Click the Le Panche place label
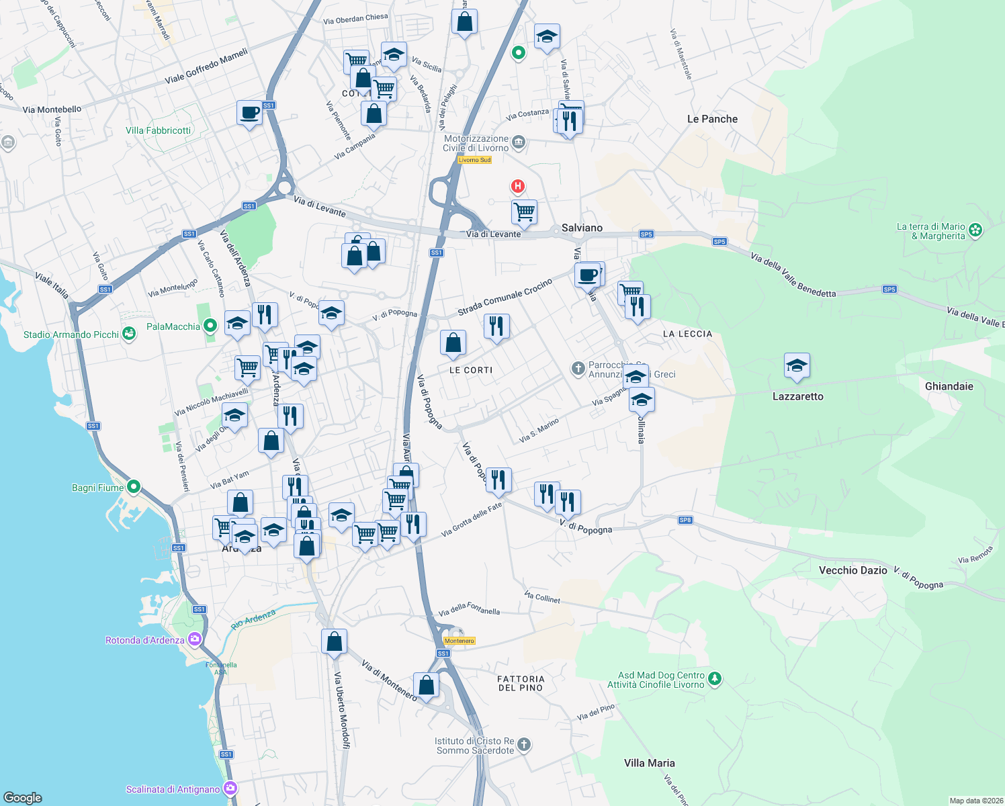tap(712, 119)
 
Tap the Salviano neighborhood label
tap(582, 228)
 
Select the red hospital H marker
tap(517, 186)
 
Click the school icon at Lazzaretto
tap(797, 365)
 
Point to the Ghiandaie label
tap(949, 386)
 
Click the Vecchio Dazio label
tap(853, 570)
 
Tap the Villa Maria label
tap(649, 763)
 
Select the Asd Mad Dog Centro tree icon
tap(715, 679)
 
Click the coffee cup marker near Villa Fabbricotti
tap(249, 112)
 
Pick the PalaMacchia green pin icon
tap(210, 326)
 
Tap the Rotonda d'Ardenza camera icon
tap(195, 639)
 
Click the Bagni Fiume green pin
tap(134, 487)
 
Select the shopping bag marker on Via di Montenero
tap(426, 685)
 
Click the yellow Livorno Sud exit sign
tap(474, 160)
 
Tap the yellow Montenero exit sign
tap(460, 641)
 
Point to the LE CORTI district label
tap(470, 370)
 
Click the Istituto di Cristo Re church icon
tap(524, 745)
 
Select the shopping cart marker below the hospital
tap(524, 212)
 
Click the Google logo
tap(23, 797)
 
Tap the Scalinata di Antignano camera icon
tap(230, 789)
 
